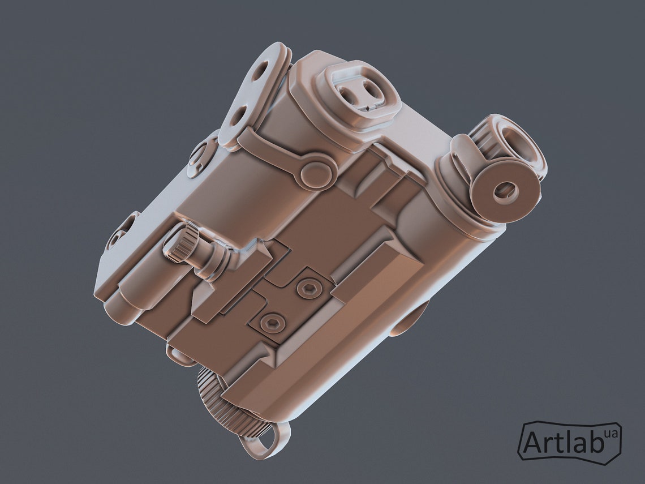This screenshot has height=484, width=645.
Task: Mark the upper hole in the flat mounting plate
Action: click(x=260, y=70)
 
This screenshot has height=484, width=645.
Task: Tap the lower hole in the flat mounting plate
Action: click(x=236, y=117)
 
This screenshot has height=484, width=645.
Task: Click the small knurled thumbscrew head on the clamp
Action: click(x=178, y=245)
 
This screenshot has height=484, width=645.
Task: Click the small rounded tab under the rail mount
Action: click(x=180, y=355)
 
